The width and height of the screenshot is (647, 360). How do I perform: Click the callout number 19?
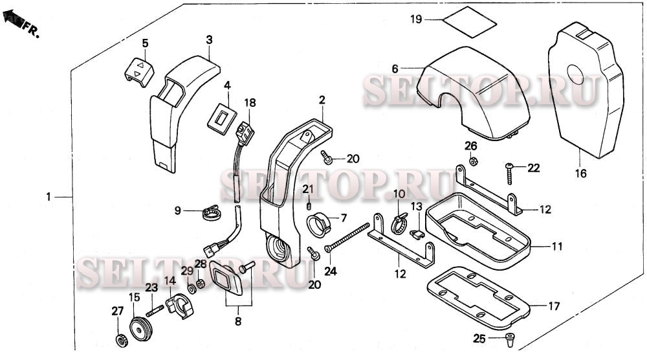pos(415,19)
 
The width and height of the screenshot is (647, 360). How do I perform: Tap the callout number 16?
pos(580,174)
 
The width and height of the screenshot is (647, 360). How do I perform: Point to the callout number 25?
pos(479,339)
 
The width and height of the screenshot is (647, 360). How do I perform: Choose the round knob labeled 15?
pos(138,324)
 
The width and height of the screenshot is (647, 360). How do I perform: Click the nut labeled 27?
pos(120,339)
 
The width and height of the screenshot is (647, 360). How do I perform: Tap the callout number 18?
pos(250,103)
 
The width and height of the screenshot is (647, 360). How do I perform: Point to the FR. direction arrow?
pos(14,23)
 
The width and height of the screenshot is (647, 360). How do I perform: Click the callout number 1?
pos(48,196)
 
